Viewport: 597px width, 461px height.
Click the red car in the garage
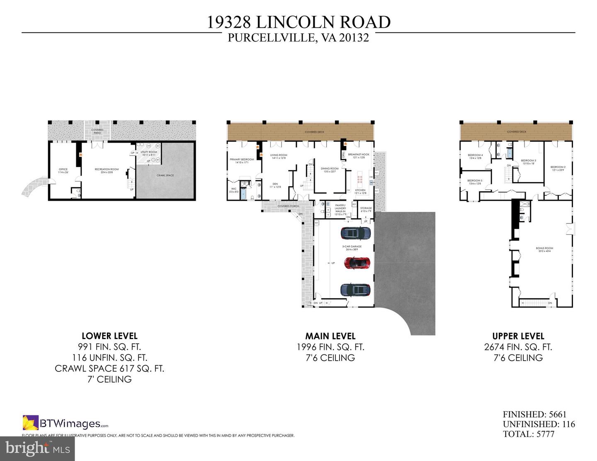click(357, 262)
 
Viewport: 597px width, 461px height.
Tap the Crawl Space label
click(165, 175)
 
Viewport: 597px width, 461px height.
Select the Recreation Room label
click(107, 169)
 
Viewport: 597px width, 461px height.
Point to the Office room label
click(63, 169)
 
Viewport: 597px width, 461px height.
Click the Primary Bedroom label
click(242, 159)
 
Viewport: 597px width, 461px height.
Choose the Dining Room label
click(330, 168)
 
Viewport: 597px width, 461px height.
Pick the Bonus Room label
click(544, 248)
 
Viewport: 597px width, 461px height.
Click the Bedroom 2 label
click(558, 167)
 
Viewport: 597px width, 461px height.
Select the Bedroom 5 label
click(475, 180)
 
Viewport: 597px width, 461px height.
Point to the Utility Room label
click(148, 153)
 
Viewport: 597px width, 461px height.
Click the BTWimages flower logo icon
click(30, 422)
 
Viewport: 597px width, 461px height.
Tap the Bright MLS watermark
click(37, 448)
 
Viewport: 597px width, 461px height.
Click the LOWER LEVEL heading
click(109, 336)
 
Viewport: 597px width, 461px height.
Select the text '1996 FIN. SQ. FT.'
click(330, 347)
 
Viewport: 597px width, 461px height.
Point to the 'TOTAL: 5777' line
click(528, 434)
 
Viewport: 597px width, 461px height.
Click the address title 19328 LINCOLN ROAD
click(298, 22)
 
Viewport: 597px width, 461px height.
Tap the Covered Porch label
click(288, 206)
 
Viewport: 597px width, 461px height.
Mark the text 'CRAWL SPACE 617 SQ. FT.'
click(109, 368)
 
